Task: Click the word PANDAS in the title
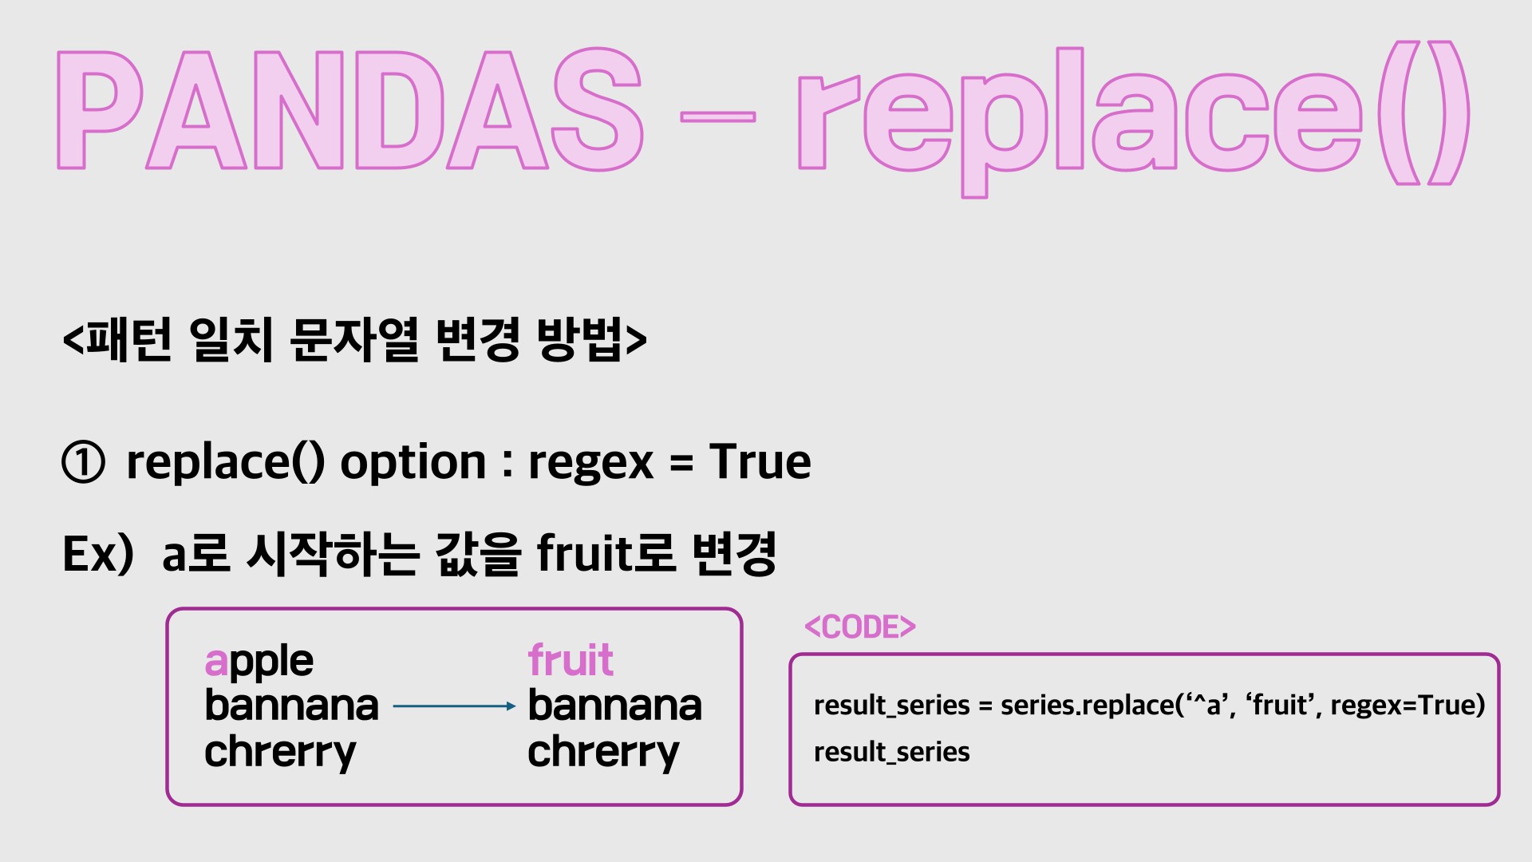[349, 110]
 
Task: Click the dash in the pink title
[717, 117]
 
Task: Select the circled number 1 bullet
[83, 463]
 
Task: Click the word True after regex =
[760, 461]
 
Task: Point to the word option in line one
[413, 463]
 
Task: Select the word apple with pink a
[259, 662]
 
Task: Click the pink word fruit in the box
[571, 660]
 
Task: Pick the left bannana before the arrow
[291, 706]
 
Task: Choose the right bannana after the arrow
[614, 706]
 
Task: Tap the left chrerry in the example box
[280, 753]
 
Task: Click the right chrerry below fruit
[603, 753]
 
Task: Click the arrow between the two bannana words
[455, 706]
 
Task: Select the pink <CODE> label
[860, 627]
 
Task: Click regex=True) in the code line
[1408, 705]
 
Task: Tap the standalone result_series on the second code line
[891, 752]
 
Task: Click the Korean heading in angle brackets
[354, 339]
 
